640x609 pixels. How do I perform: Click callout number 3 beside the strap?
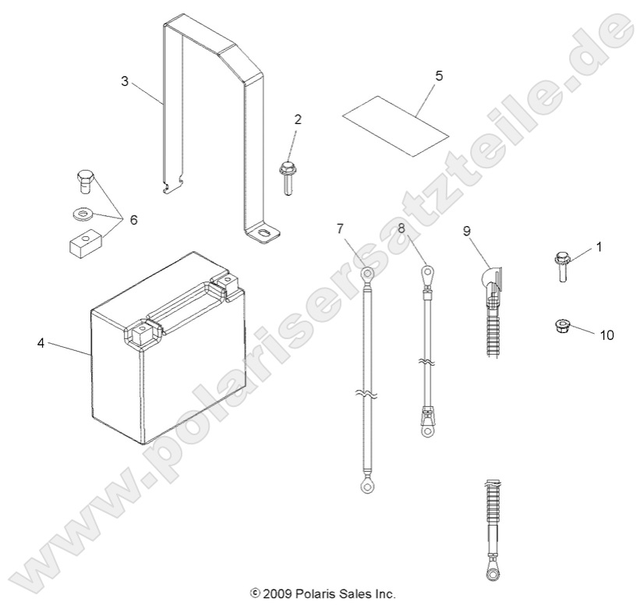pos(125,81)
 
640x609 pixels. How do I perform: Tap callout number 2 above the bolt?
pos(297,119)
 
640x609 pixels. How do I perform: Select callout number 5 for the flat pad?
pos(438,76)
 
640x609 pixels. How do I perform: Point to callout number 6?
pos(133,221)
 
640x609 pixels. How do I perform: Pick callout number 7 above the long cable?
pos(340,228)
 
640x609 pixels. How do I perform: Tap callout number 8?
pos(401,228)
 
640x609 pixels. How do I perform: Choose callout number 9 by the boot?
pos(466,231)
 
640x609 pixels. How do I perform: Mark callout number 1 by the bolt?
pos(599,247)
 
